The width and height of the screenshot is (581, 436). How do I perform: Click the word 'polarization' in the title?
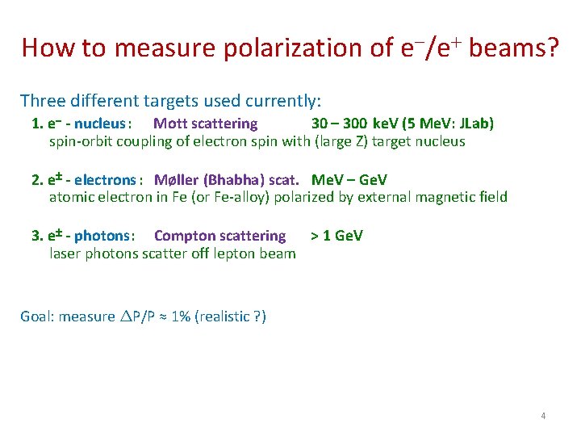pos(277,48)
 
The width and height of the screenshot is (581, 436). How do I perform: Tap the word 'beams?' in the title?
pos(513,48)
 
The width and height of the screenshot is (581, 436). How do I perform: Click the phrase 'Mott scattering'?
pos(205,124)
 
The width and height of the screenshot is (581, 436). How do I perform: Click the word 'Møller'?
pos(176,179)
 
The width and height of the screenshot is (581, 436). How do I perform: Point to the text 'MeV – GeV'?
pos(349,179)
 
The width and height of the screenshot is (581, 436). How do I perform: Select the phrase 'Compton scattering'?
pos(219,236)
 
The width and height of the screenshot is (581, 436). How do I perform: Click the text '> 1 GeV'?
pos(336,236)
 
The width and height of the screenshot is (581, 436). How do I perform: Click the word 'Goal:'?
pos(37,317)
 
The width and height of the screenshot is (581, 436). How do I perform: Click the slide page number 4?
pos(543,416)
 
